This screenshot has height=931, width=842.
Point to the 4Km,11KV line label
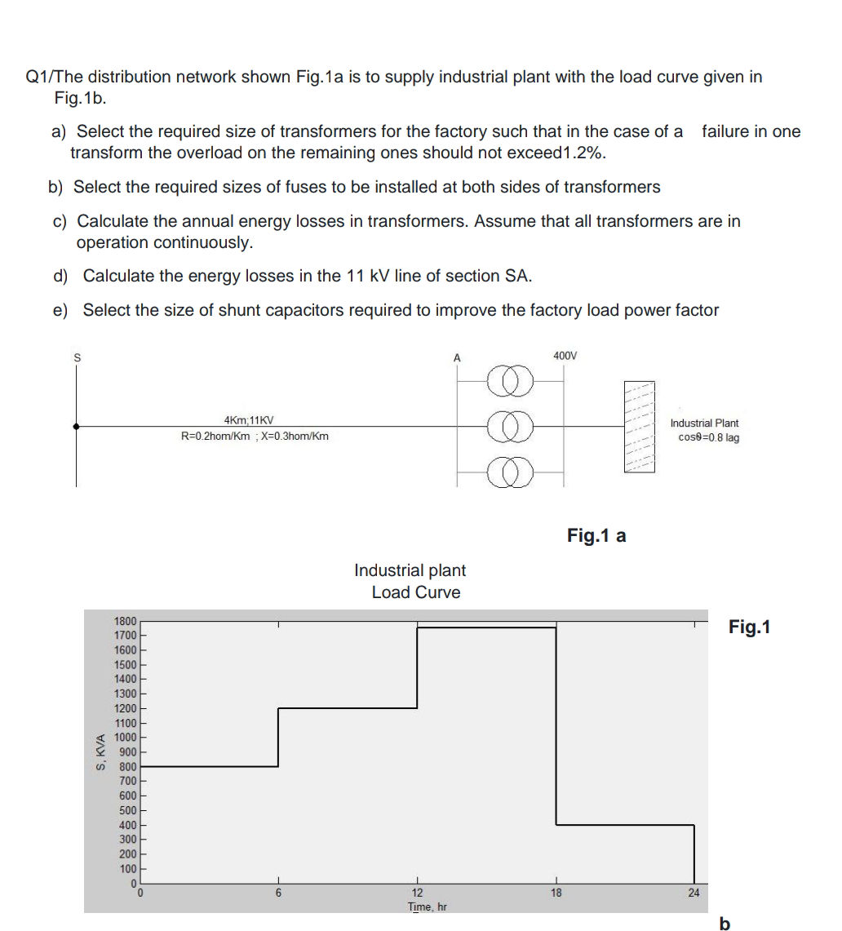click(x=249, y=420)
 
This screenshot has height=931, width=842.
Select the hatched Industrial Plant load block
click(x=640, y=426)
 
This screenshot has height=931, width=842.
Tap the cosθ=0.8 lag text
click(x=708, y=437)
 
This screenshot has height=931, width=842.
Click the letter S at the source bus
click(x=77, y=357)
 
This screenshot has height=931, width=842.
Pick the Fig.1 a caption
click(x=596, y=535)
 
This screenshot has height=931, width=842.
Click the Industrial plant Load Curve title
click(x=412, y=581)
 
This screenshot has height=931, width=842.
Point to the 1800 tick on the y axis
click(x=125, y=621)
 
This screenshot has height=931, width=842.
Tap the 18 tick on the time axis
click(x=556, y=893)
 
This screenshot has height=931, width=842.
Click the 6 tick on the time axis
click(x=278, y=893)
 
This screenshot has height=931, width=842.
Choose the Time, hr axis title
click(x=428, y=907)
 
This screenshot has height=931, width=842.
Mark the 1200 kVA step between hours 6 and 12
click(x=348, y=707)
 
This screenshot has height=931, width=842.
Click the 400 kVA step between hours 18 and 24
click(x=625, y=825)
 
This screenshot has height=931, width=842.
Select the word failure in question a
click(x=731, y=131)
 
